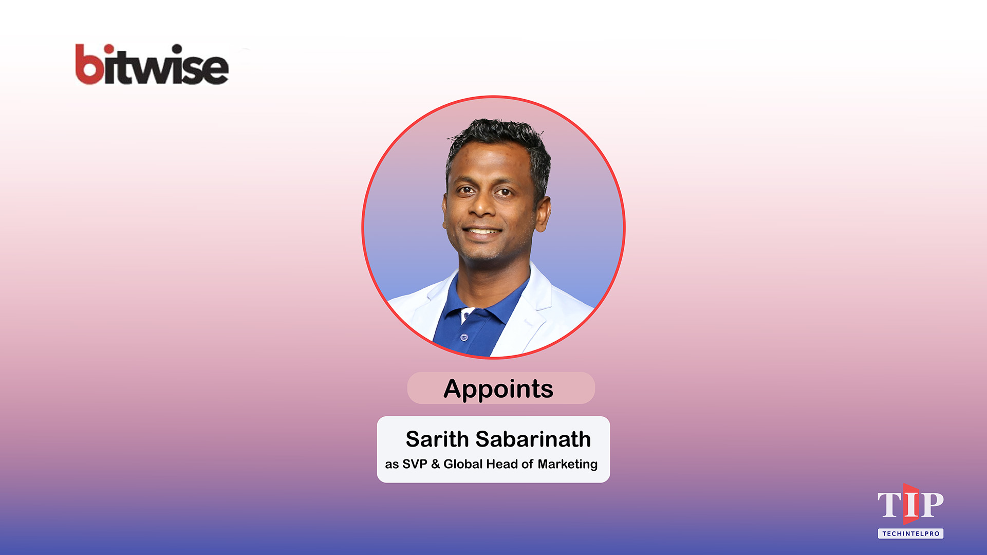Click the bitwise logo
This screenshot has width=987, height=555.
click(152, 65)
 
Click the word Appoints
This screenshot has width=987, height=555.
click(498, 388)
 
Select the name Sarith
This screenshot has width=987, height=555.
click(437, 439)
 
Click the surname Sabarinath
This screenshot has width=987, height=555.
click(533, 439)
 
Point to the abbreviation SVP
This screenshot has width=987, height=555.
click(415, 464)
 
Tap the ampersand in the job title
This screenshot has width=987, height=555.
click(436, 464)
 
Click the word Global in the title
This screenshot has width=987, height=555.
click(463, 464)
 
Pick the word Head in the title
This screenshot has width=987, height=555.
click(501, 464)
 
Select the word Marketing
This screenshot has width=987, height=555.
click(567, 465)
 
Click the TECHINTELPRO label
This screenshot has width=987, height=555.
click(910, 533)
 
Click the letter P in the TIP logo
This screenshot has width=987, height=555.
click(932, 505)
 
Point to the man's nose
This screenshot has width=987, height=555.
click(483, 206)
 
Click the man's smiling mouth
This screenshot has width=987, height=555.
click(482, 231)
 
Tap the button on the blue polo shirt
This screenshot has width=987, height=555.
click(464, 338)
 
